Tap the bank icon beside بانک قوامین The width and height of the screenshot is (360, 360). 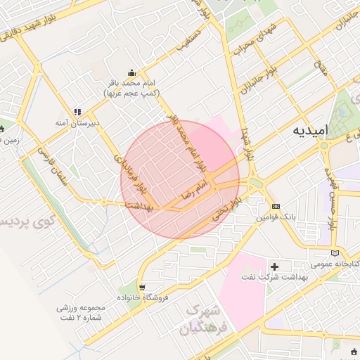click(x=276, y=206)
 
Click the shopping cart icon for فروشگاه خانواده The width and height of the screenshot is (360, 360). click(x=143, y=287)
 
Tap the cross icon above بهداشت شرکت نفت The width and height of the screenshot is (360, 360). click(x=275, y=266)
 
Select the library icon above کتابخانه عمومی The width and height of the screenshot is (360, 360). click(x=335, y=252)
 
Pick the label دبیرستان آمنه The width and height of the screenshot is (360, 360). click(x=78, y=122)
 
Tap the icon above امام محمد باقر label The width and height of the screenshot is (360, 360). click(x=131, y=72)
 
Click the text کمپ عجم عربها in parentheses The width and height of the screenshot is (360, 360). click(x=131, y=93)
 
